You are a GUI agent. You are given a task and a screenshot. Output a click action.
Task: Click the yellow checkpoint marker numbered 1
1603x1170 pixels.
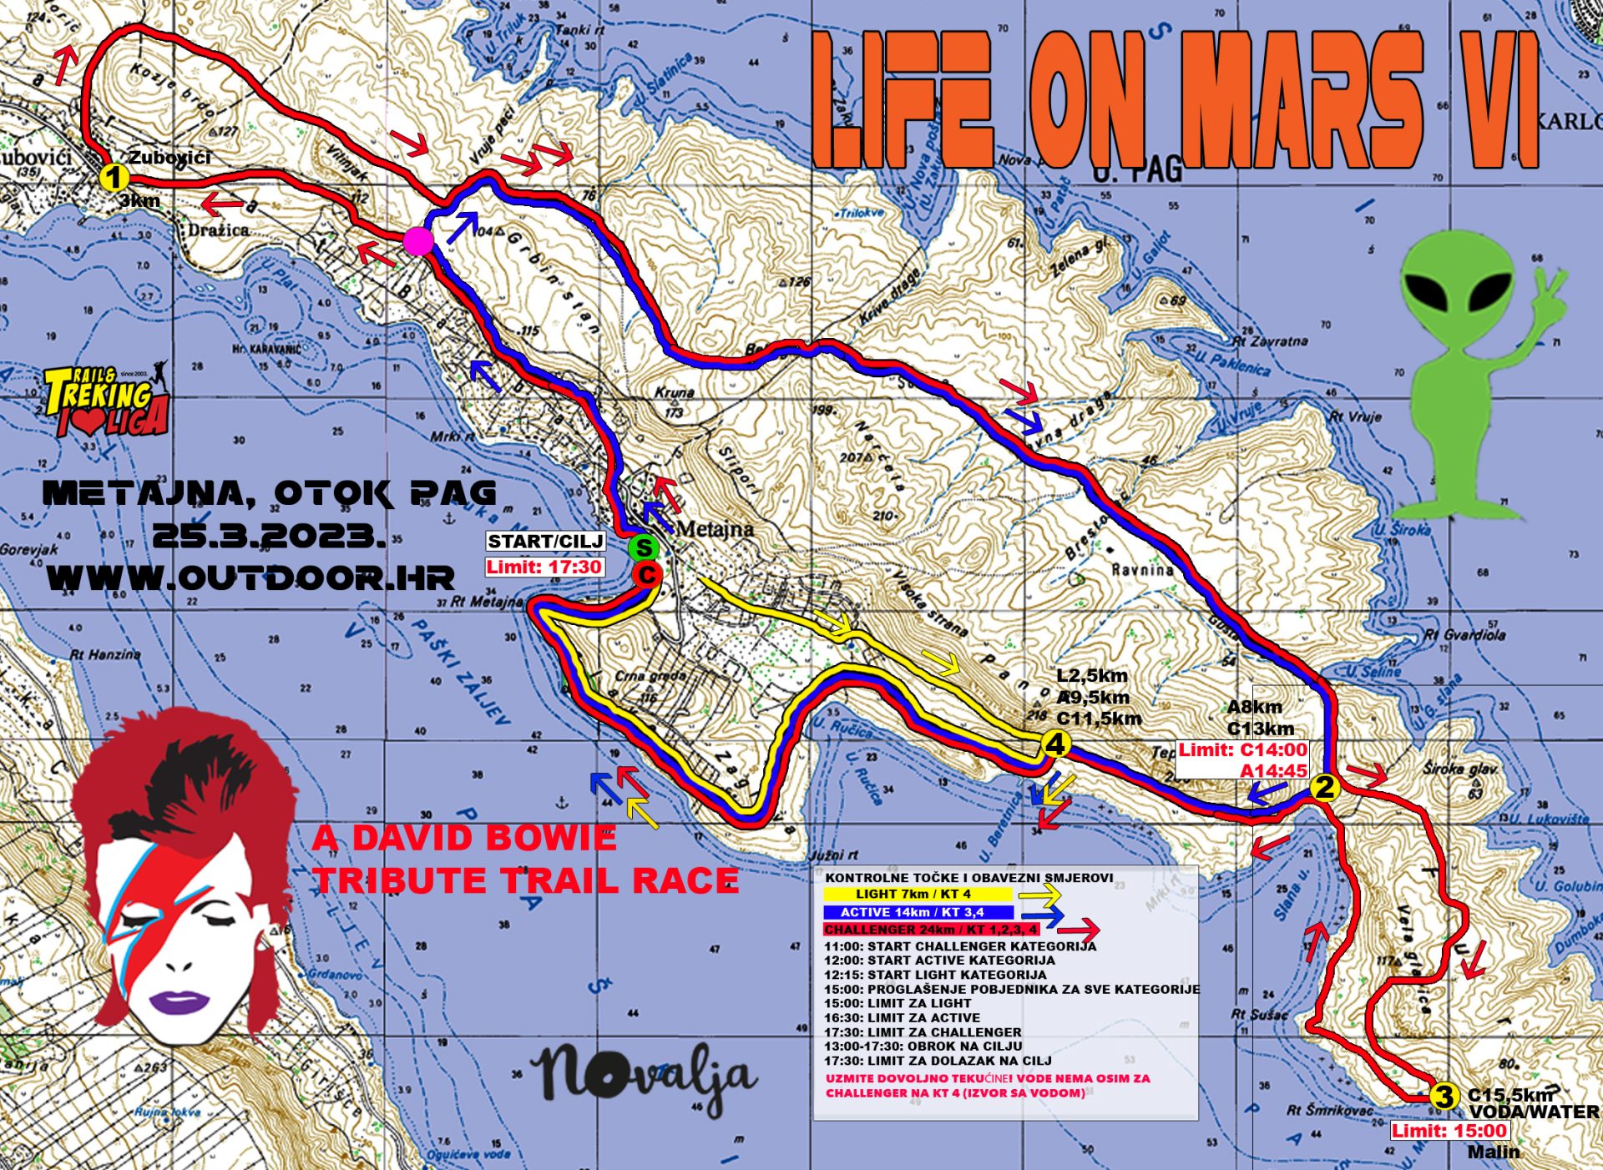tap(113, 178)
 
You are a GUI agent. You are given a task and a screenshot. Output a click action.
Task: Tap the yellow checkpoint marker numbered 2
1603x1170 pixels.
tap(1324, 787)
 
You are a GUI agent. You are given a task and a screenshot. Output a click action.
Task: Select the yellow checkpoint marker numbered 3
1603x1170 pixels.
tap(1444, 1096)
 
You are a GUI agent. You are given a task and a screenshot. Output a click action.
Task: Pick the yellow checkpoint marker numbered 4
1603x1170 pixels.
tap(1056, 744)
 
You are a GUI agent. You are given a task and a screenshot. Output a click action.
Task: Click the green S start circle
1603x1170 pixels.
tap(644, 548)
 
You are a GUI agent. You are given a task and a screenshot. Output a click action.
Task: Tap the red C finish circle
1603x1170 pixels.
tap(647, 574)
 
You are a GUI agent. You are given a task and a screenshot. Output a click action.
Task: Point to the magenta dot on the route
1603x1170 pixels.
tap(417, 242)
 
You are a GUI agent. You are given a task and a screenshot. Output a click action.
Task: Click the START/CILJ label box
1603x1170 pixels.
tap(545, 541)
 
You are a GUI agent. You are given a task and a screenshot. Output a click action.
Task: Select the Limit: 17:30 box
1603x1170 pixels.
tap(544, 567)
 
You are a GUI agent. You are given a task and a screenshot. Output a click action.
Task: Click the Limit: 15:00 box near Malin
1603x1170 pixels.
tap(1449, 1131)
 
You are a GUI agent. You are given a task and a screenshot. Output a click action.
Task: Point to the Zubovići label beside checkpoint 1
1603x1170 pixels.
tap(169, 158)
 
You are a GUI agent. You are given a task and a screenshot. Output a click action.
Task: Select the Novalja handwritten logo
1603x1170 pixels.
tap(643, 1077)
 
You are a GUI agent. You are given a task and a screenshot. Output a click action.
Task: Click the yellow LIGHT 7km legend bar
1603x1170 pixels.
tap(917, 894)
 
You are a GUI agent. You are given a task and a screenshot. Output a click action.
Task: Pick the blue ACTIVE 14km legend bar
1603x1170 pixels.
tap(917, 912)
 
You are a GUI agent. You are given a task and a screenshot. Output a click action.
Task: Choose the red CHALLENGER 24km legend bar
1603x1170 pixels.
tap(931, 929)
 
